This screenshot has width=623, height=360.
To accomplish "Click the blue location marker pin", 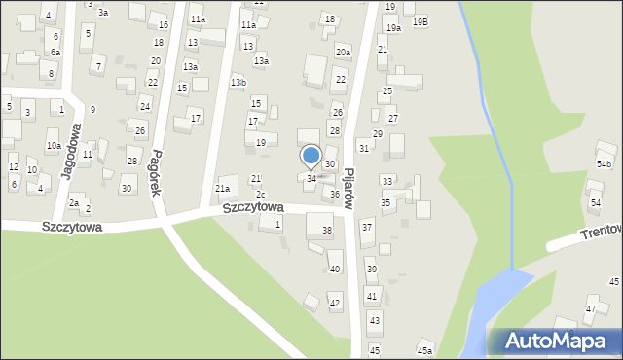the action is [311, 157].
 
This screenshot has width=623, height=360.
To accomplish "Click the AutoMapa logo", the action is [554, 341].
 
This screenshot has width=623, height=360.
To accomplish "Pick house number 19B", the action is [420, 21].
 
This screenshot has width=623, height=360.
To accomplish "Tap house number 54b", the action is [605, 164].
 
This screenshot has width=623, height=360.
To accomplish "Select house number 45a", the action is [424, 350].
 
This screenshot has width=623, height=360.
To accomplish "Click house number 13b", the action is [238, 83].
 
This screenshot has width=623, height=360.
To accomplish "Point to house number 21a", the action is [223, 189].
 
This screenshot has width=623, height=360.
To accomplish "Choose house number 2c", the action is [261, 195].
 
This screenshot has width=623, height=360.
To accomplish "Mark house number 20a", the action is [343, 52].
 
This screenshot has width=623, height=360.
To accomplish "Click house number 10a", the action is [54, 146].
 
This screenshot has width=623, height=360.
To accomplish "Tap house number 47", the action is [590, 308].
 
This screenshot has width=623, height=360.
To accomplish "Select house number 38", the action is [327, 231].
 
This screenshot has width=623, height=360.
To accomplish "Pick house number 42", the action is [335, 304].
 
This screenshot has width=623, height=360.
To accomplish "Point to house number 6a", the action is [55, 52].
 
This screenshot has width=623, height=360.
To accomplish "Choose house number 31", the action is [363, 148].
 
